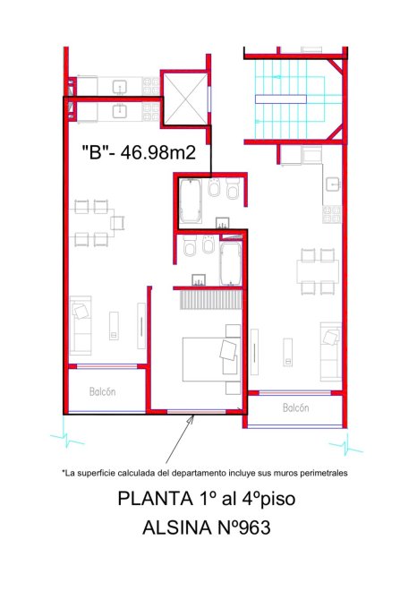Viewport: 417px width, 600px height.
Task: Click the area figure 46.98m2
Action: (x=157, y=152)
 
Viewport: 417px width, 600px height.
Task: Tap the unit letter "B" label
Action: (x=95, y=152)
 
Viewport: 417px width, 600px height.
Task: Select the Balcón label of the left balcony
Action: (x=102, y=391)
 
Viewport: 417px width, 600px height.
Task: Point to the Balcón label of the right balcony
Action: (x=296, y=407)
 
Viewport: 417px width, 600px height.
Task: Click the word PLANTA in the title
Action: (x=155, y=499)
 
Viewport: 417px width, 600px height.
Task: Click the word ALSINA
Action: (x=176, y=527)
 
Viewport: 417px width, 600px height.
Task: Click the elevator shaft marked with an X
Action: (x=186, y=98)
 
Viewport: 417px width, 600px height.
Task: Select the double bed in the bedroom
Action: (x=211, y=359)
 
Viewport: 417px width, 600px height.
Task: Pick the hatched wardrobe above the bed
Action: (x=211, y=299)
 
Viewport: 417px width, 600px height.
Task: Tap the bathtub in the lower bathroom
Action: (x=231, y=263)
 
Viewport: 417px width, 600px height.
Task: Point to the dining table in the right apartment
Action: (x=318, y=271)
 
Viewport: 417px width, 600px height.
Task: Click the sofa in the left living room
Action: (x=81, y=325)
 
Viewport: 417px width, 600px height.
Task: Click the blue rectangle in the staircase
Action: (x=281, y=99)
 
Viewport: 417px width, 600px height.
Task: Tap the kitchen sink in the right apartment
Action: (x=333, y=184)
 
